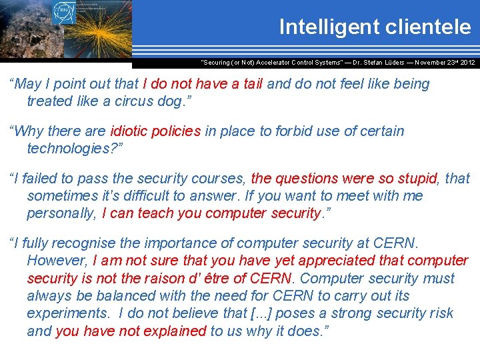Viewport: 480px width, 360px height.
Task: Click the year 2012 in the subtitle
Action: pos(466,62)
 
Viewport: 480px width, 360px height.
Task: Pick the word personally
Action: pos(61,213)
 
